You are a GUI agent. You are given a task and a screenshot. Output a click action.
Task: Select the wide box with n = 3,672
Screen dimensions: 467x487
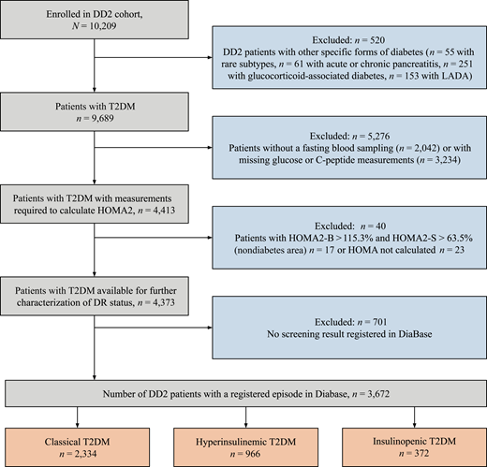pyautogui.click(x=243, y=387)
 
